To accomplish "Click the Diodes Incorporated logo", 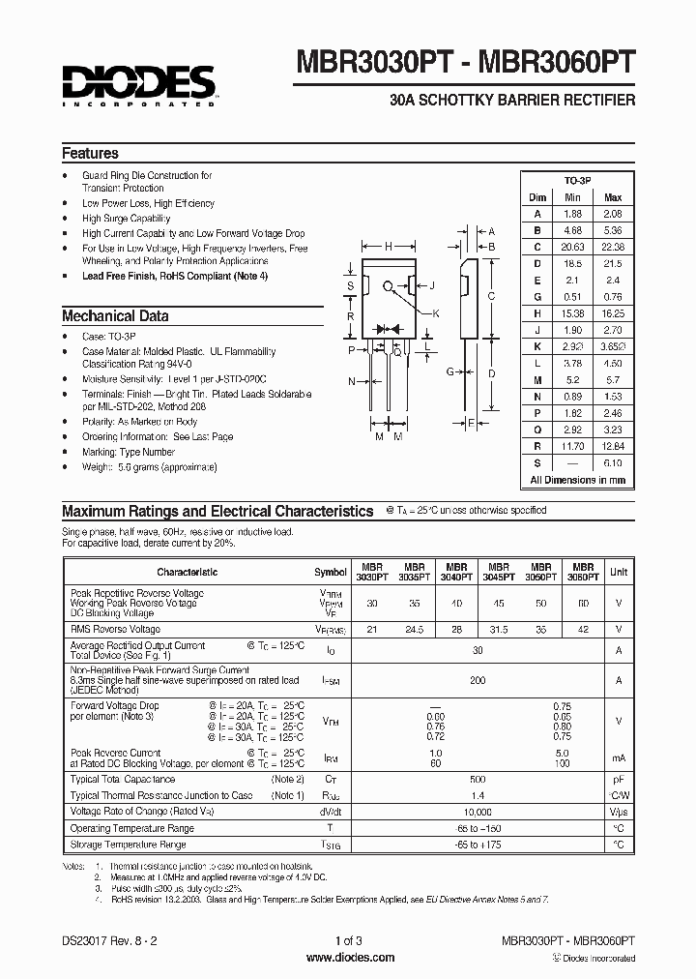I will (x=138, y=85).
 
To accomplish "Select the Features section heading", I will (x=90, y=153).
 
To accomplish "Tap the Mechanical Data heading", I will (x=115, y=316).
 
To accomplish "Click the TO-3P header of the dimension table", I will (x=578, y=181).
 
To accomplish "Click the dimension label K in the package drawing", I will (x=436, y=313).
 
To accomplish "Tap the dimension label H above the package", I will (x=388, y=247).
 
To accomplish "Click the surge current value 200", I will (x=477, y=680).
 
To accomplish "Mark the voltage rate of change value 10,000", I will (x=477, y=812).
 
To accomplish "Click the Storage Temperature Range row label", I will (x=128, y=845).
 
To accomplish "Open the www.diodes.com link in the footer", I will (x=349, y=958).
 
